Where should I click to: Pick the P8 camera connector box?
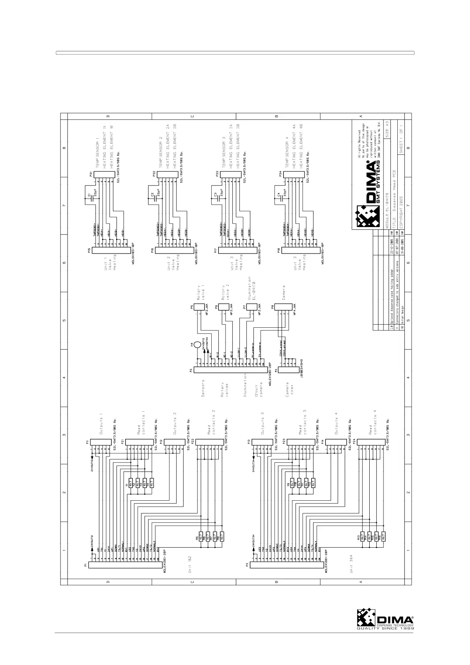pyautogui.click(x=284, y=307)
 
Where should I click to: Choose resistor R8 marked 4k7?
pyautogui.click(x=222, y=537)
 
